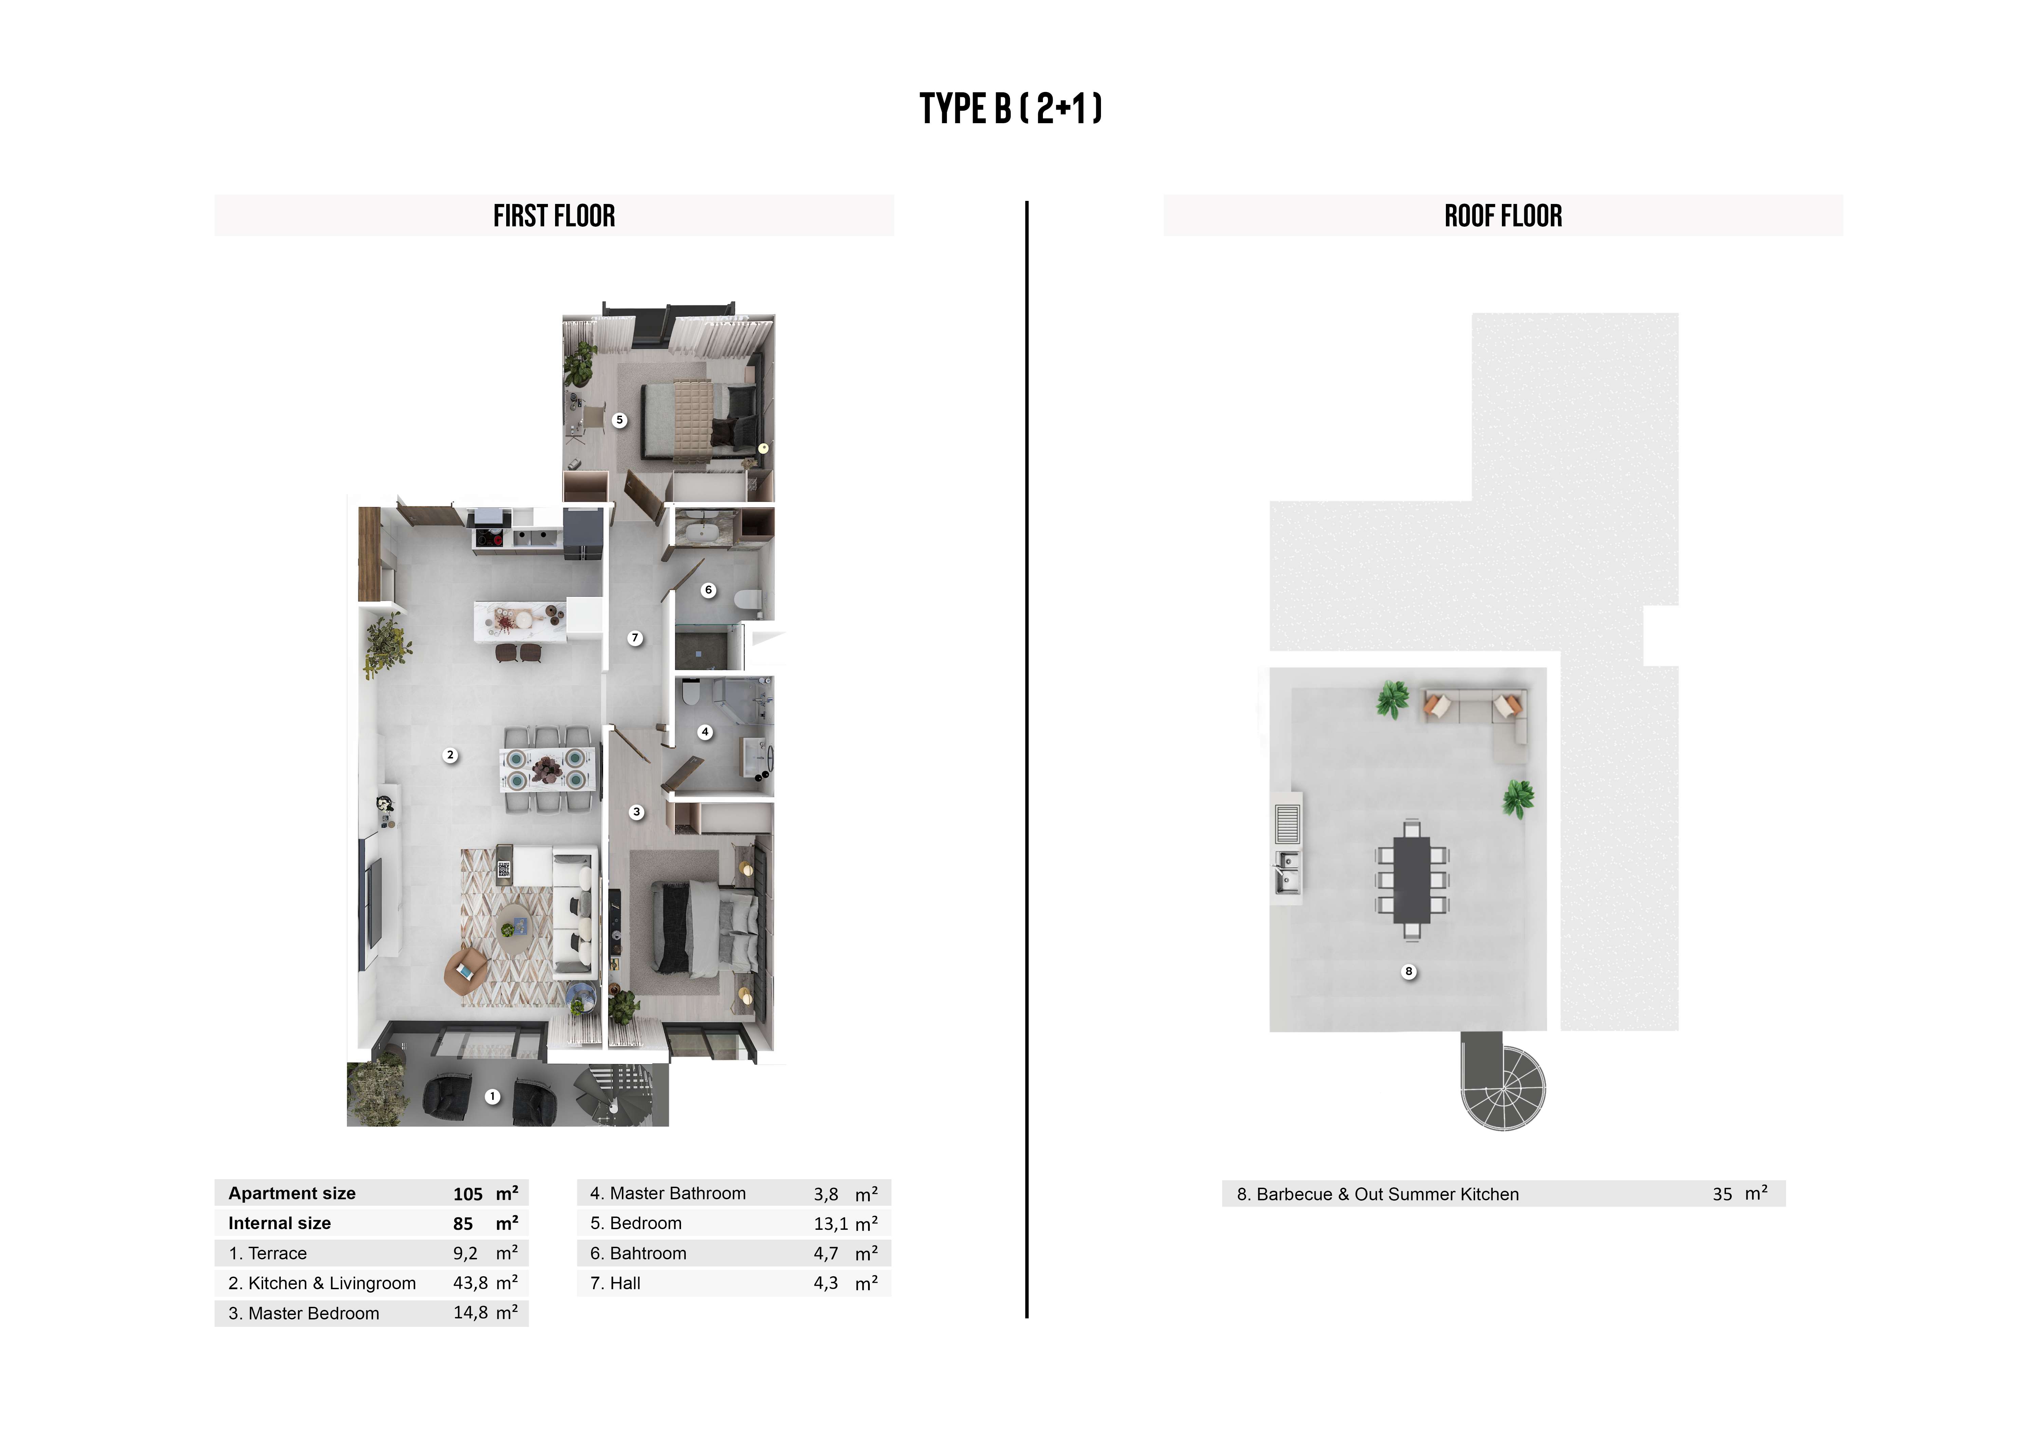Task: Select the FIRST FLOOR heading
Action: pyautogui.click(x=554, y=216)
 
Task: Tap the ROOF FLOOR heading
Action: pyautogui.click(x=1503, y=216)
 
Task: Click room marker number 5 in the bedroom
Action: pyautogui.click(x=620, y=420)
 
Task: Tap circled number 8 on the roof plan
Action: pyautogui.click(x=1409, y=971)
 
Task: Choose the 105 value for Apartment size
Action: pyautogui.click(x=467, y=1194)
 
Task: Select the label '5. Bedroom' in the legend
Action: pyautogui.click(x=636, y=1223)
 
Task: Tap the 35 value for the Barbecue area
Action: pyautogui.click(x=1722, y=1195)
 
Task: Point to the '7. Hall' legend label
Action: pyautogui.click(x=615, y=1283)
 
